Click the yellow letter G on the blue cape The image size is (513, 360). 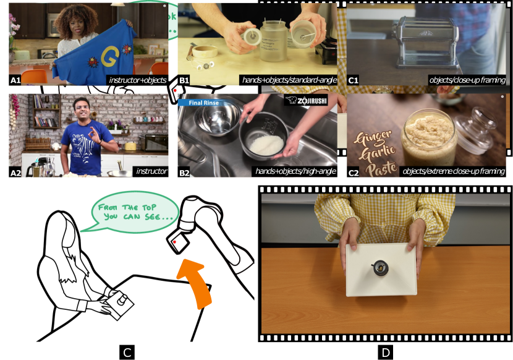[x=109, y=56]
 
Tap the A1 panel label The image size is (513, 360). [x=15, y=80]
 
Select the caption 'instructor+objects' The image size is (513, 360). [x=137, y=80]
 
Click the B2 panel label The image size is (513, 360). [x=184, y=173]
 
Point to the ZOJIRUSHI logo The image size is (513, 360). [x=306, y=101]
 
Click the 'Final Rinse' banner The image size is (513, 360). [x=201, y=103]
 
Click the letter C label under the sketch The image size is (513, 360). [x=127, y=353]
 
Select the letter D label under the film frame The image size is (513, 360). [x=386, y=353]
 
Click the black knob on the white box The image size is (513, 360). [x=380, y=268]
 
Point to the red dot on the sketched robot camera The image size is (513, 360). [x=175, y=242]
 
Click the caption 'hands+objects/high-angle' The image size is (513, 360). [x=295, y=171]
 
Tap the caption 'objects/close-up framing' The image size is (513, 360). [x=467, y=80]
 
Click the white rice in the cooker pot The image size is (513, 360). [x=266, y=145]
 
